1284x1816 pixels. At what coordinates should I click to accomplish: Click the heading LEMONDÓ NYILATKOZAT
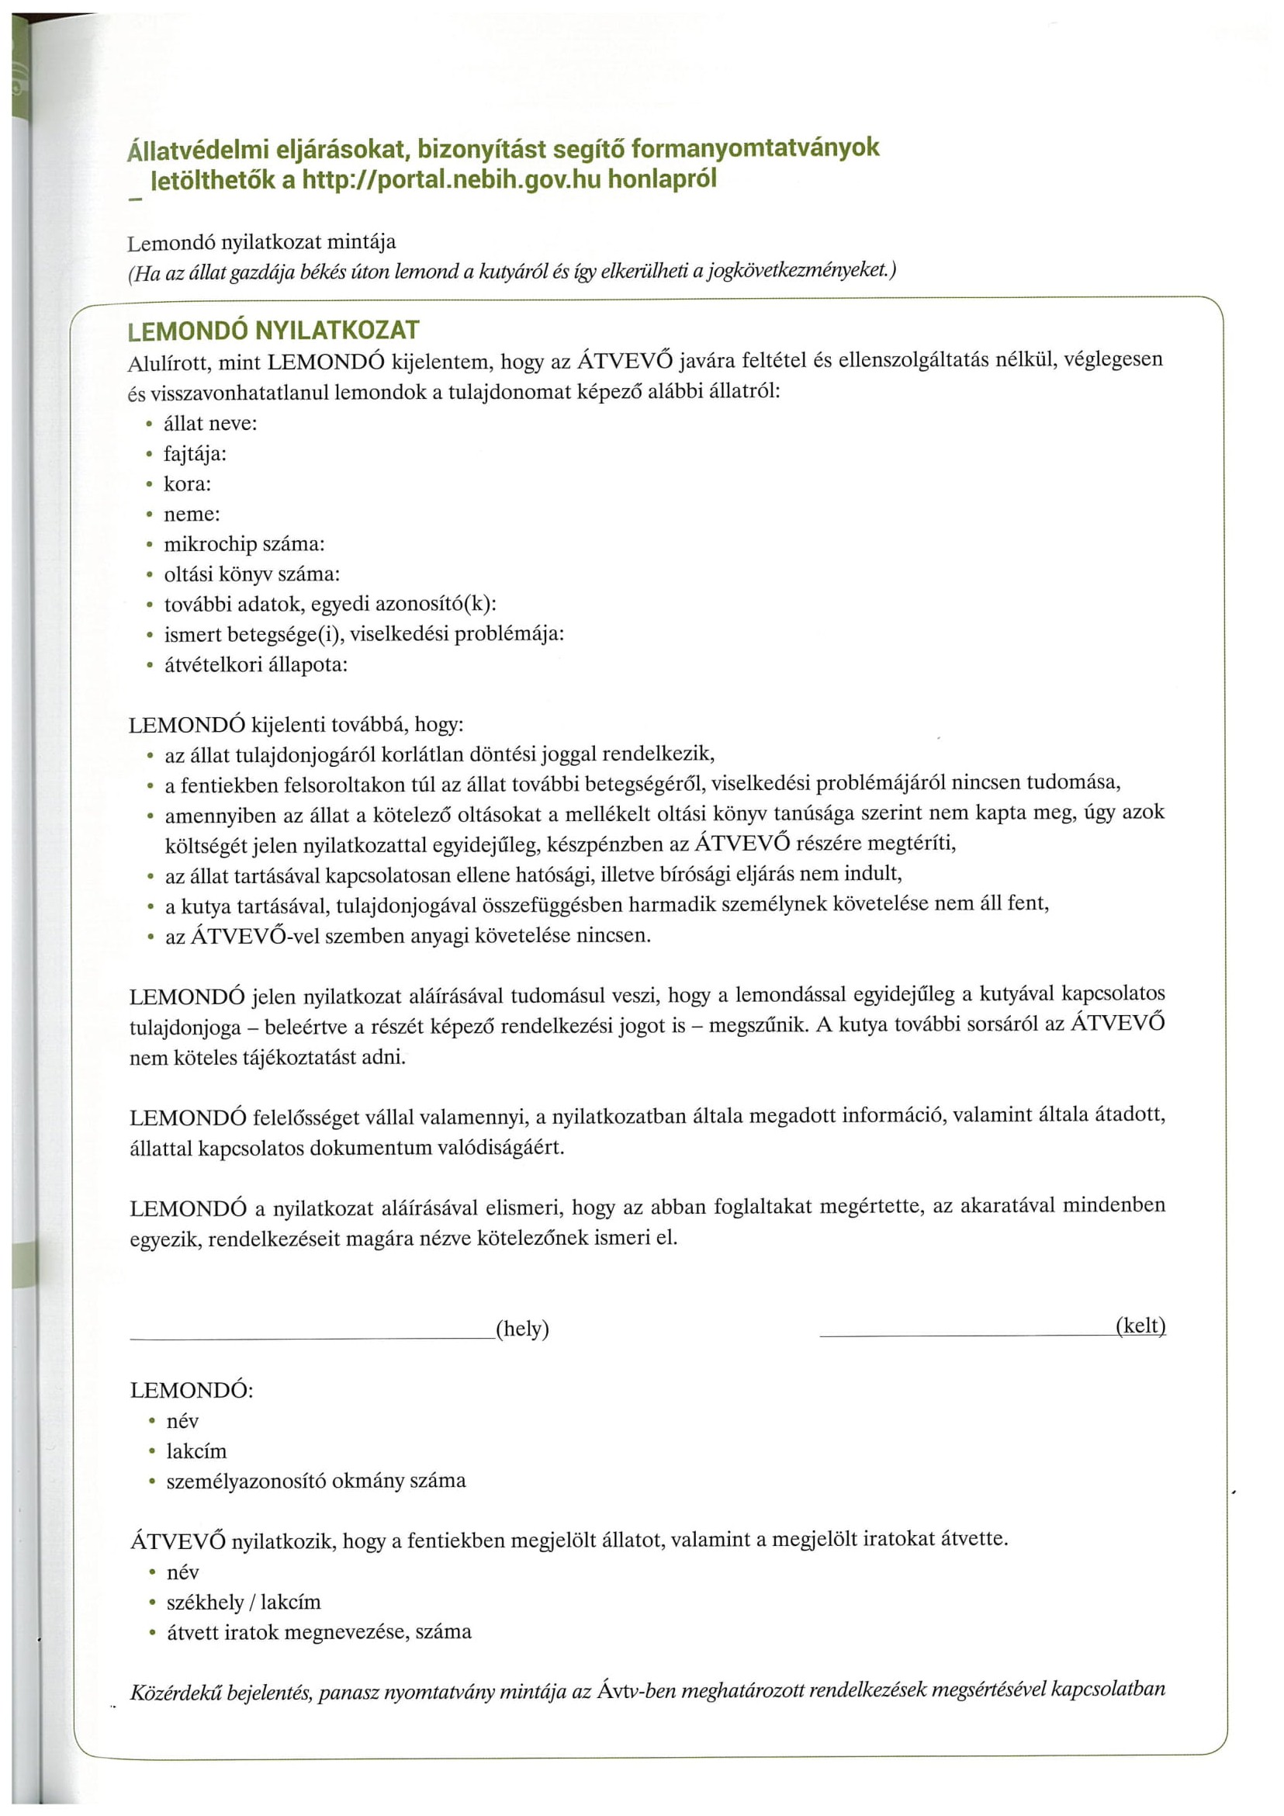[274, 330]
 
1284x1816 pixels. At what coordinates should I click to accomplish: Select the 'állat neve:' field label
[210, 423]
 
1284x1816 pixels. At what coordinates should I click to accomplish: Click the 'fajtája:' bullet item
[195, 454]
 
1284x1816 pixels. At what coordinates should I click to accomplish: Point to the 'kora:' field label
[188, 484]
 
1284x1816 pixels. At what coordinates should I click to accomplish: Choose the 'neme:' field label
[192, 514]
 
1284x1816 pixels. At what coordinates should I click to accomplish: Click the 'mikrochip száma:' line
[244, 544]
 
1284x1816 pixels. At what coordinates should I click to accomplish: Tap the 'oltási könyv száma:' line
[251, 574]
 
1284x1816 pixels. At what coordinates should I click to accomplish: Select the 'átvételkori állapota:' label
[255, 664]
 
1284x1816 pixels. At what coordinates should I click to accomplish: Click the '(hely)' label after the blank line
[522, 1328]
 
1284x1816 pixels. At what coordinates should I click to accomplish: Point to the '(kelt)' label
[1140, 1326]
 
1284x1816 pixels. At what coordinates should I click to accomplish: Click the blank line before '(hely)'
[313, 1337]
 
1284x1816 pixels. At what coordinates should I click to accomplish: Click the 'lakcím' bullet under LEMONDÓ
[196, 1450]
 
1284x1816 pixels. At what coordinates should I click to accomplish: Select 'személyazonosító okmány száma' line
[316, 1481]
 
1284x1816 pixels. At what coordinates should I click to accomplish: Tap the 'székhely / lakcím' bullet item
[244, 1603]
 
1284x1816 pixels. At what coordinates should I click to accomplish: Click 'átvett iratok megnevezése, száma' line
[319, 1633]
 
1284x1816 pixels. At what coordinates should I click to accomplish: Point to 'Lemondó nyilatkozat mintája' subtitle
[261, 242]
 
